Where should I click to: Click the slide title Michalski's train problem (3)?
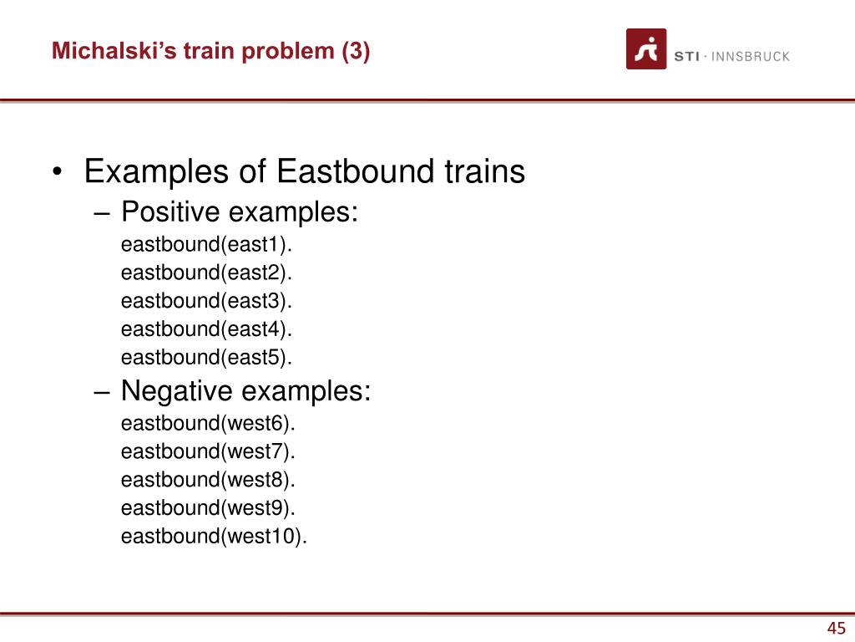(x=210, y=51)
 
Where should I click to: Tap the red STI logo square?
(x=646, y=49)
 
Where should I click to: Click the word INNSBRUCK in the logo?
(x=751, y=56)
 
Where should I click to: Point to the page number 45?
(x=837, y=628)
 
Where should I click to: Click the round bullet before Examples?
(x=58, y=172)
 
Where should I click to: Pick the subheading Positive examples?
(x=240, y=211)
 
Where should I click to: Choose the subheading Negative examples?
(x=246, y=391)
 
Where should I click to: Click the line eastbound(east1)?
(x=207, y=245)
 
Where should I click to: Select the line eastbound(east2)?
(x=207, y=273)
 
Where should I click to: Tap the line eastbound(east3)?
(x=207, y=301)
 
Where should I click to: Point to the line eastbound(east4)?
(x=207, y=329)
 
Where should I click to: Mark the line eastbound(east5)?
(x=207, y=358)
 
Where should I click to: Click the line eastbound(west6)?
(x=208, y=424)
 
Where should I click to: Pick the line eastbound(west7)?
(x=208, y=452)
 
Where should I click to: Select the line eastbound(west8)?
(x=208, y=480)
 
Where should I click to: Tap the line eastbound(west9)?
(x=208, y=508)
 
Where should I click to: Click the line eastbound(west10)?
(x=215, y=537)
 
